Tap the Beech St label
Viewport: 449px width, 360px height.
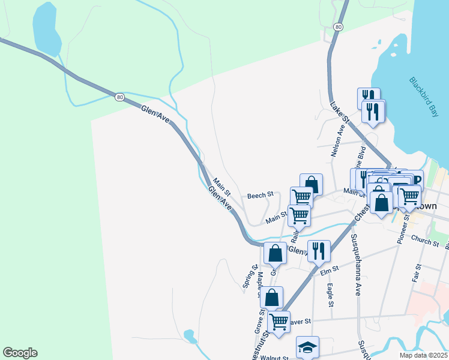[261, 195]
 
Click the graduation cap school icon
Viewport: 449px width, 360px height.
[307, 347]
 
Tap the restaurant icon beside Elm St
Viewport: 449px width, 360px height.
[318, 250]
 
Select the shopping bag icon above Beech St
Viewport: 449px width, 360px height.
[312, 184]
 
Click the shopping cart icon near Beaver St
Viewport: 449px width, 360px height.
[279, 322]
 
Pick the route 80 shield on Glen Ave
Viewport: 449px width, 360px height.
[119, 97]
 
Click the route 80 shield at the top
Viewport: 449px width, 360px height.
[339, 27]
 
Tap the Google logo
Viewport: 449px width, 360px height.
[20, 353]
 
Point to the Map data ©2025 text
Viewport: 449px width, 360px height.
[424, 355]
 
